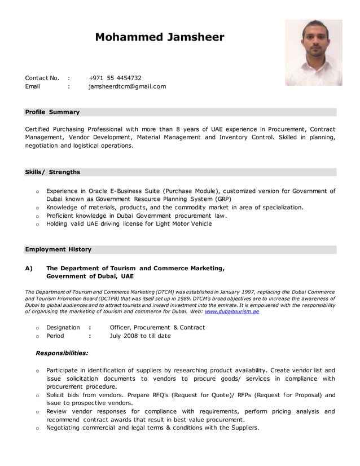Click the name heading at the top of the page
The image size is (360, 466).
tap(159, 38)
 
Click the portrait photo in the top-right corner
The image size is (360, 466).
tap(313, 52)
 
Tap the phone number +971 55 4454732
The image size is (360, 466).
tap(115, 78)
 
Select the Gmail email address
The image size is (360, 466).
tap(127, 86)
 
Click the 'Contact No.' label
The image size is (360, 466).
tap(42, 78)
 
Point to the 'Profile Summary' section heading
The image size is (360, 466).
tap(52, 112)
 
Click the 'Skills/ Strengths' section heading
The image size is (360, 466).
tap(52, 172)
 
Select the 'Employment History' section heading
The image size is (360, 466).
tap(58, 249)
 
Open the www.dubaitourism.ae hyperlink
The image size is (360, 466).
tap(232, 311)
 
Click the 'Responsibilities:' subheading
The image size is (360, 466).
tap(62, 353)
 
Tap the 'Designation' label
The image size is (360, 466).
tap(63, 327)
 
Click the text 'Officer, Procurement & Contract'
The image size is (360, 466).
tap(157, 327)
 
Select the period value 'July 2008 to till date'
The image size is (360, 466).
tap(140, 336)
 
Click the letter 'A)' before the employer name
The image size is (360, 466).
tap(29, 268)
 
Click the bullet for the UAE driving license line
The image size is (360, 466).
tap(37, 224)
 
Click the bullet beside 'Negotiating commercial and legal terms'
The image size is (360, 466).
tap(37, 428)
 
